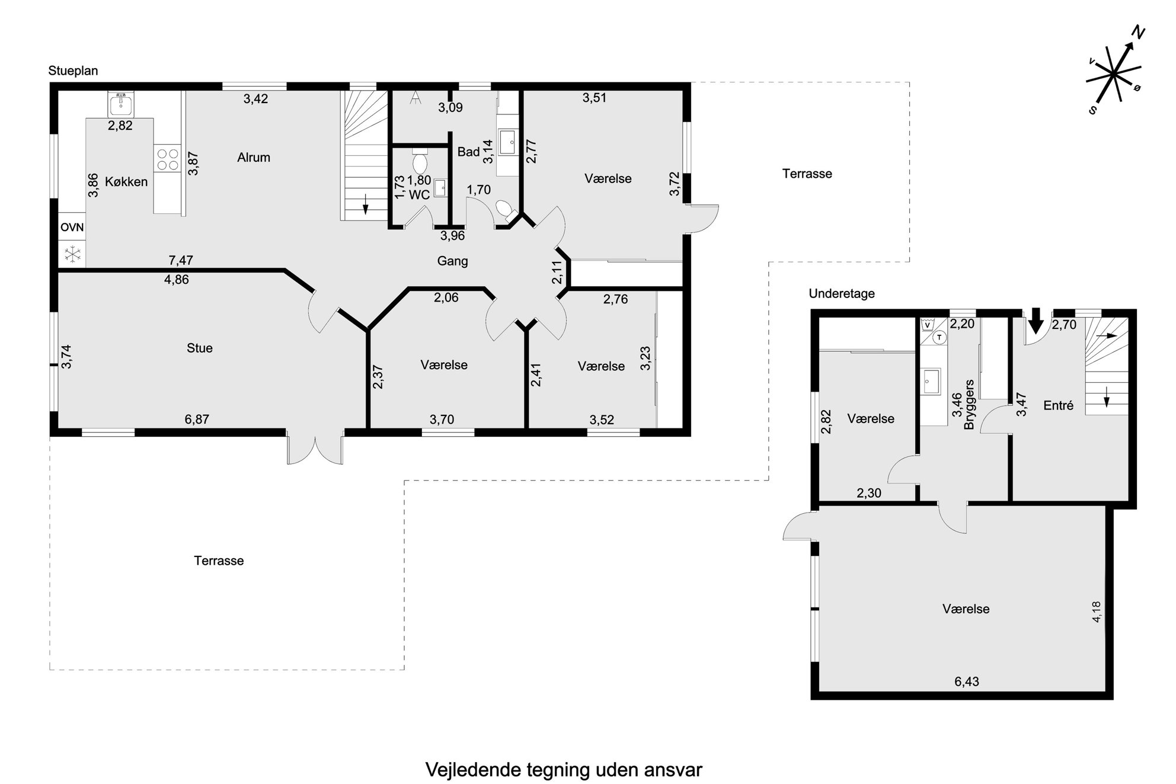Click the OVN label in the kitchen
point(72,227)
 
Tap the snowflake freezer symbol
point(72,255)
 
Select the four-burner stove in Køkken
point(167,159)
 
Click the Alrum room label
point(254,157)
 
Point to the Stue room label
point(200,348)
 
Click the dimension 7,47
point(181,260)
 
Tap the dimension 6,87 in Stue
point(197,420)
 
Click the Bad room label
point(468,152)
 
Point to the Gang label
point(453,261)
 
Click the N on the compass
point(1137,33)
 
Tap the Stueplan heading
point(73,71)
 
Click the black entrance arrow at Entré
point(1036,321)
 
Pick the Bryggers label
point(969,405)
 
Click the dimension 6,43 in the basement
point(967,681)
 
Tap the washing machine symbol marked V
point(928,325)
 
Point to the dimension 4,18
point(1096,612)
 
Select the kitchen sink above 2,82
point(121,104)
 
